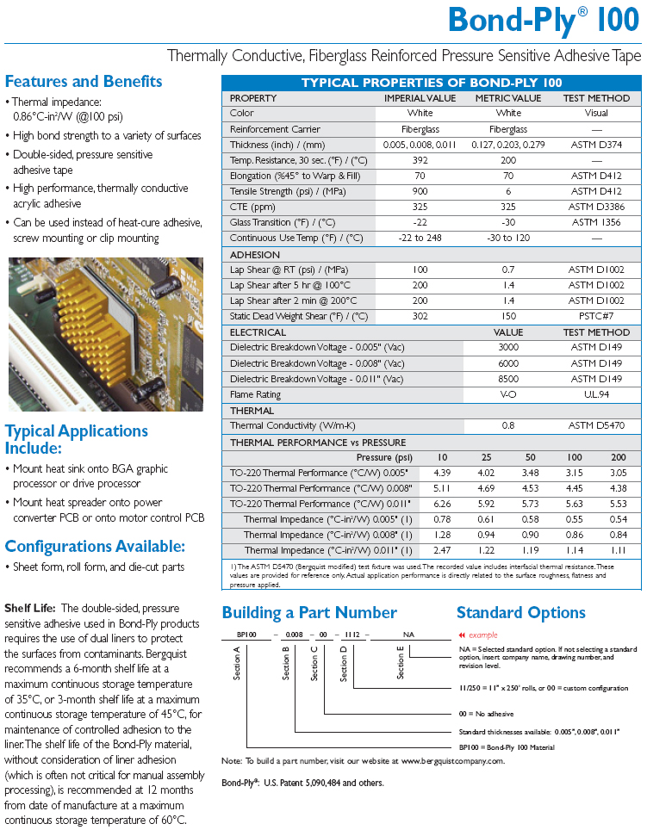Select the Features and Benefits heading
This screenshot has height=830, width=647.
pos(84,82)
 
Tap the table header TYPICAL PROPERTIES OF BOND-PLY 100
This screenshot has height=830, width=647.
pos(431,83)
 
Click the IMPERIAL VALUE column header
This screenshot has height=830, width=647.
pos(420,98)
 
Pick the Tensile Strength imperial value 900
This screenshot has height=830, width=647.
pos(420,191)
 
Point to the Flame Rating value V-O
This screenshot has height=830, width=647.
pos(508,394)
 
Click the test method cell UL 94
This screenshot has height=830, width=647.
pos(596,394)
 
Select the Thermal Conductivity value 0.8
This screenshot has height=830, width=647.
pos(508,425)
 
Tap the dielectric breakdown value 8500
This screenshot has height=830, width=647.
pos(508,379)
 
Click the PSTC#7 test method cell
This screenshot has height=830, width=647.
pos(596,316)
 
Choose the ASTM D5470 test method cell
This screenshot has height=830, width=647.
pos(596,425)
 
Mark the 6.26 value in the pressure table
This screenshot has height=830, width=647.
pos(442,504)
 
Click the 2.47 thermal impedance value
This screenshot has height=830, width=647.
pos(442,550)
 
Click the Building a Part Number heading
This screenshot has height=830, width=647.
pos(309,613)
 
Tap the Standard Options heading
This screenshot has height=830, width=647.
pos(520,613)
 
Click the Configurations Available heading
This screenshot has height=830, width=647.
pos(95,547)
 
